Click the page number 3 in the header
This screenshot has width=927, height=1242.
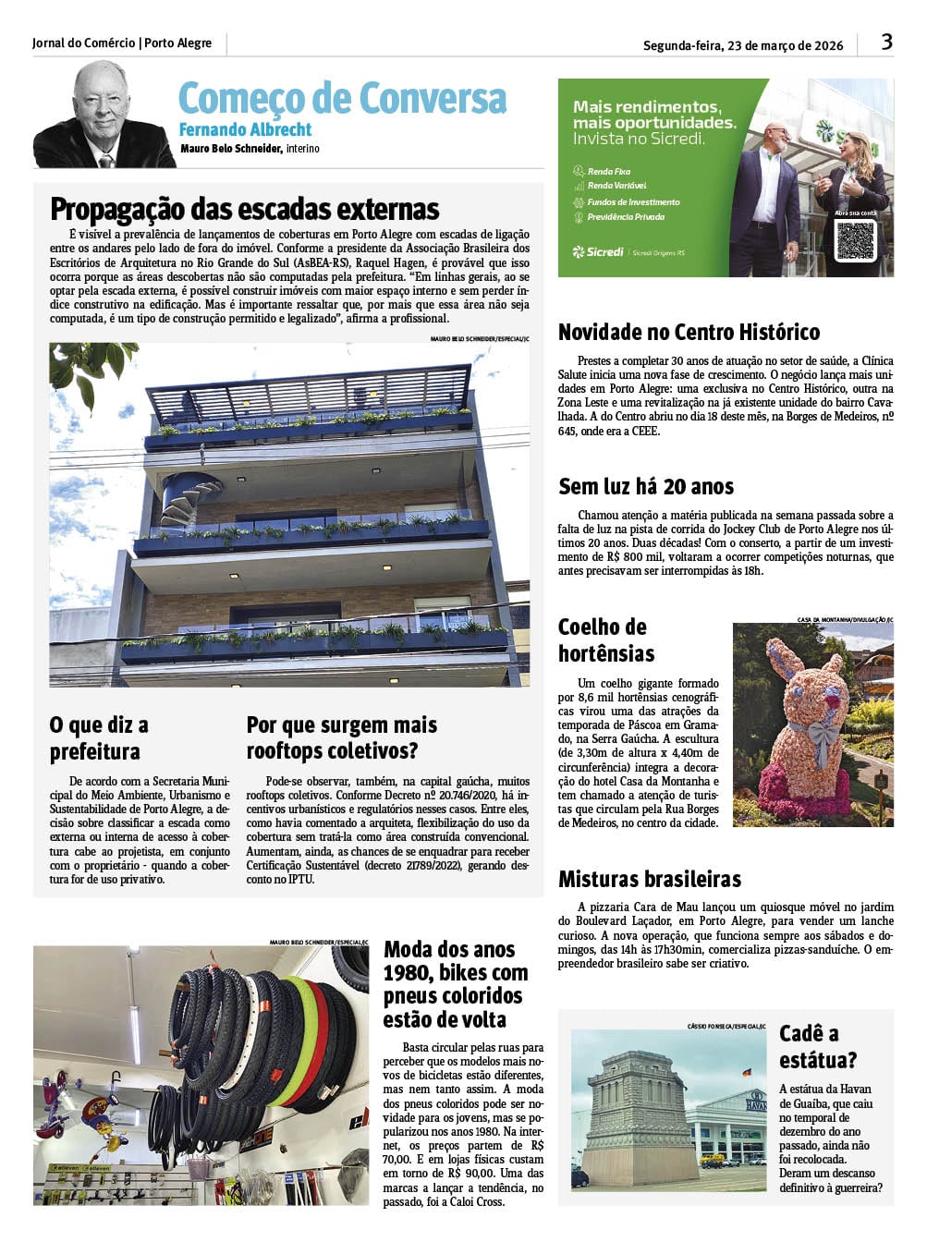tap(886, 42)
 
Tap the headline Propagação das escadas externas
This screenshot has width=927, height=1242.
tap(244, 209)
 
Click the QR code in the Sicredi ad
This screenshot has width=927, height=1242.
tap(854, 241)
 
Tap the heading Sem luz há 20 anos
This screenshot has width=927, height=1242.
tap(645, 486)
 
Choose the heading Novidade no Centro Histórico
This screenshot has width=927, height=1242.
tap(689, 332)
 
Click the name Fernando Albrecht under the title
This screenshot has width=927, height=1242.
tap(245, 129)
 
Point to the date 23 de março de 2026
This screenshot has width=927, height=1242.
tap(785, 45)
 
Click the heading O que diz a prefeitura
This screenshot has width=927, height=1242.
tap(98, 737)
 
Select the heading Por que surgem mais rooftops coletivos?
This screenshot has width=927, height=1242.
tap(341, 737)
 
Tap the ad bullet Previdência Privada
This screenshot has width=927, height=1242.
tap(625, 217)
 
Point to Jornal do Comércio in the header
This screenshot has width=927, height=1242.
tap(83, 43)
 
